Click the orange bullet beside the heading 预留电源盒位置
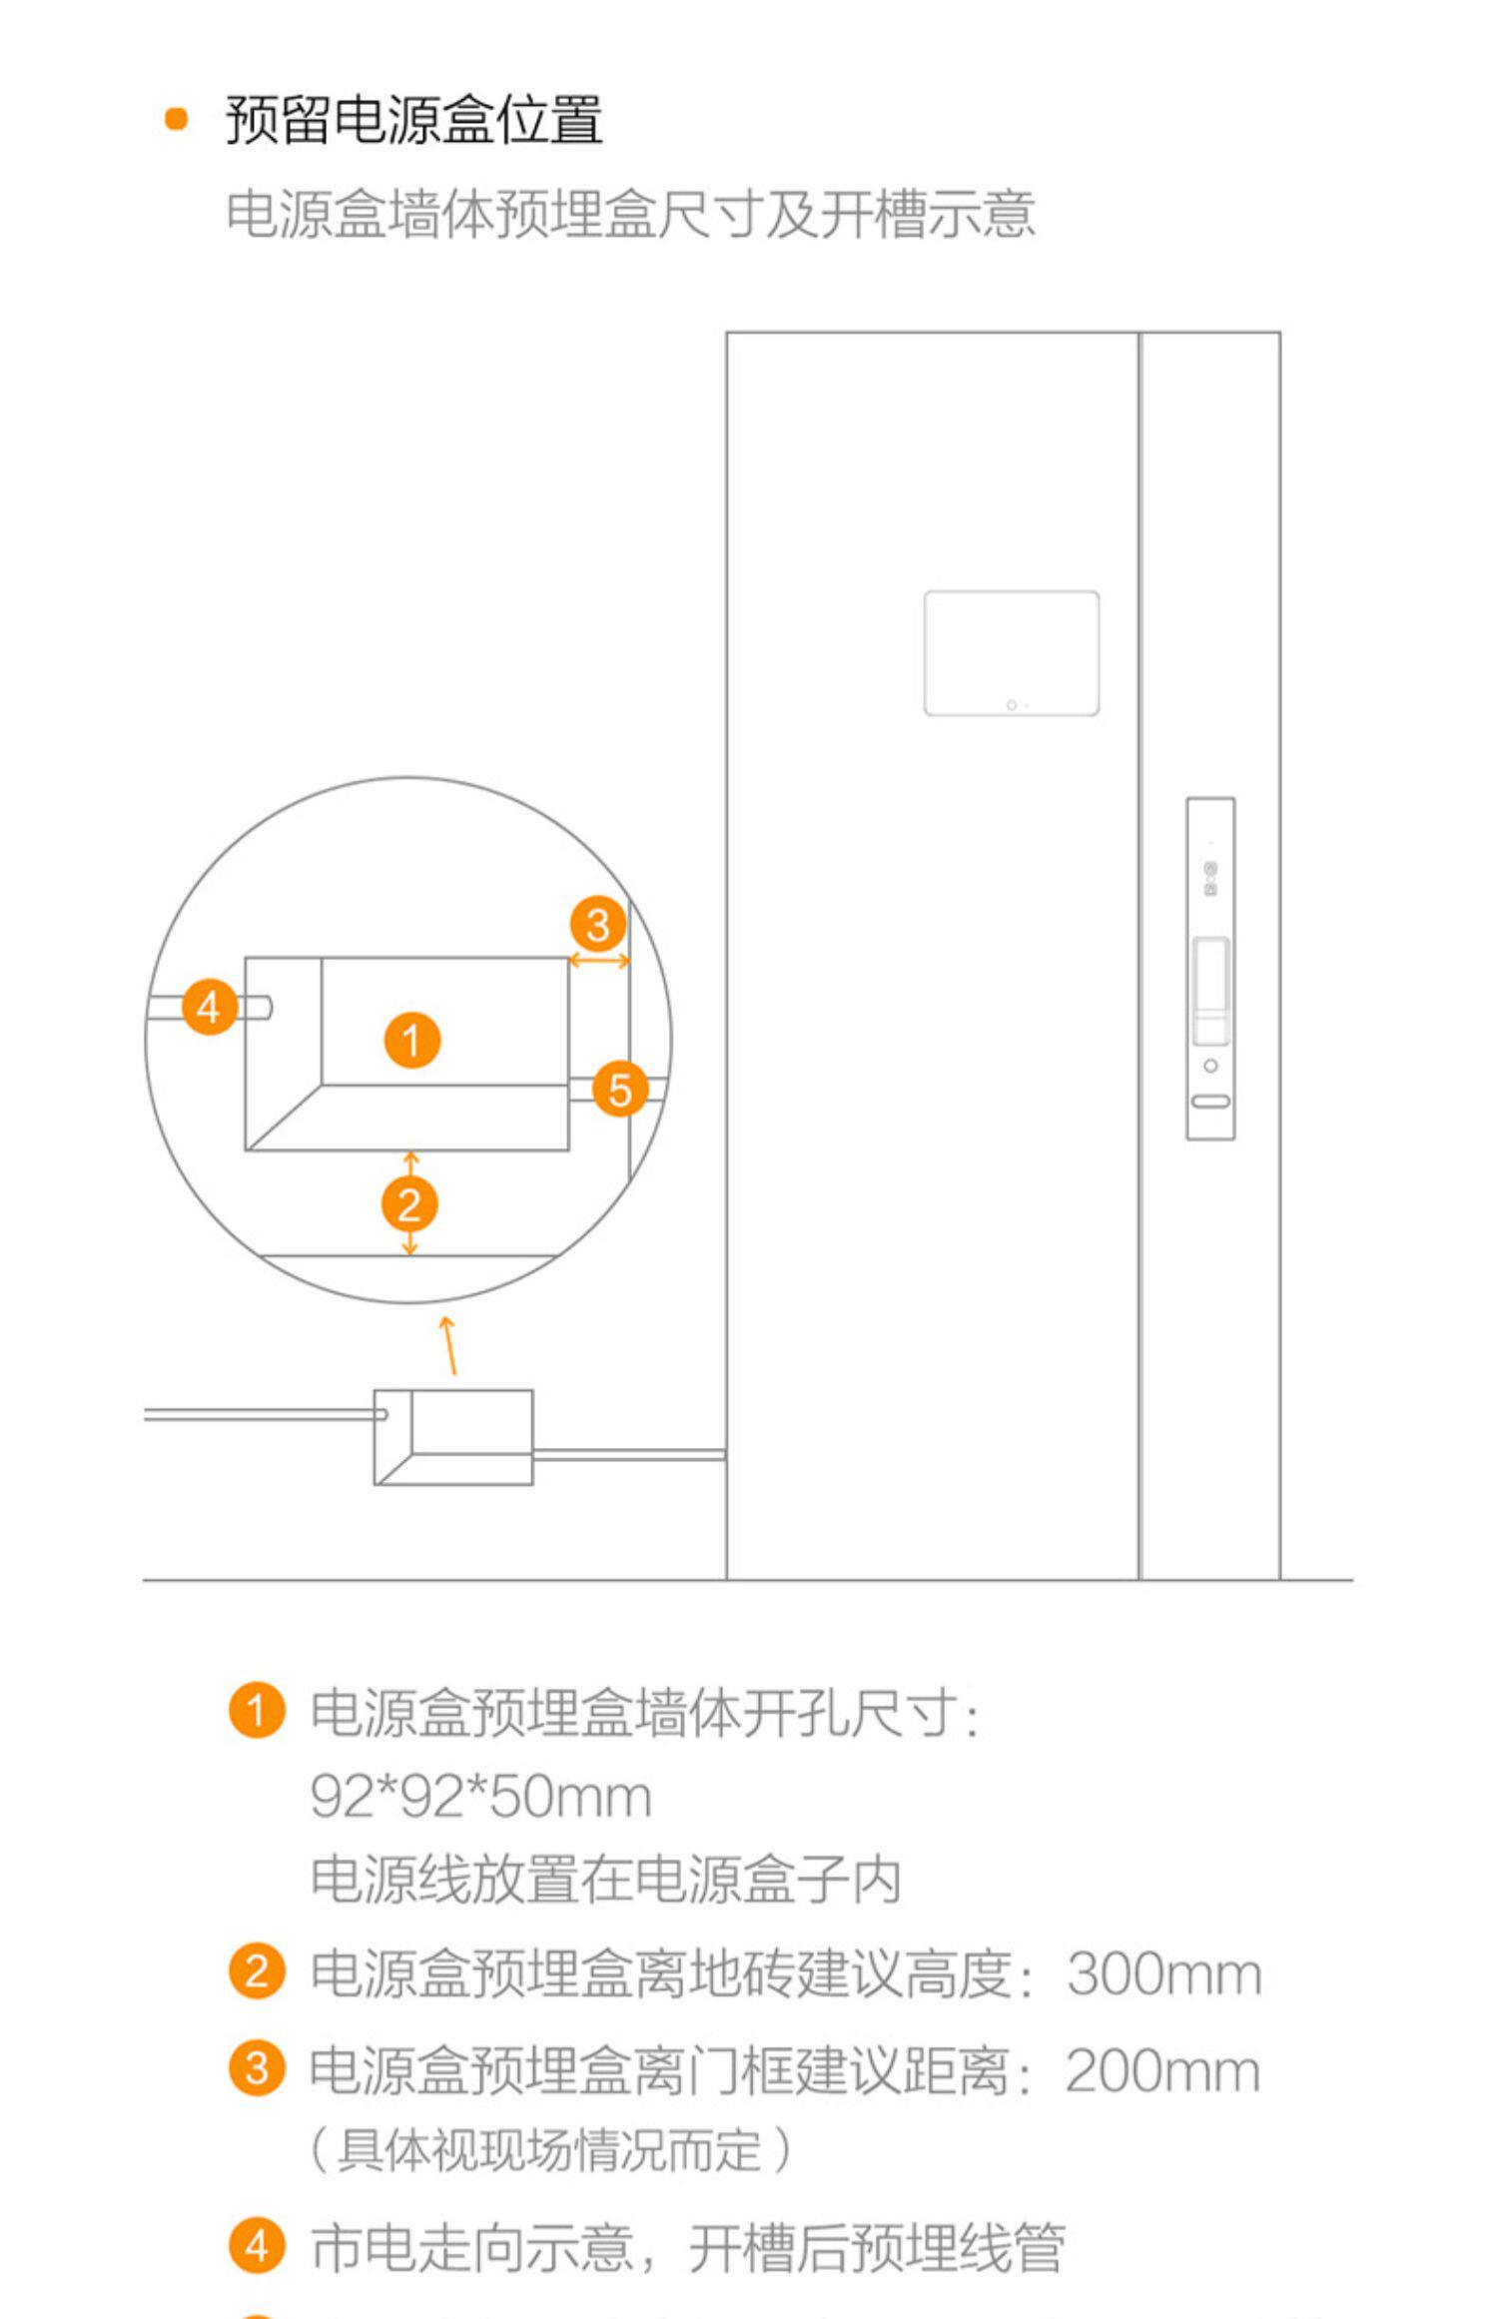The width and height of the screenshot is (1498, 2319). click(x=176, y=119)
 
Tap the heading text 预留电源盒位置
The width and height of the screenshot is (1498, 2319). click(x=414, y=120)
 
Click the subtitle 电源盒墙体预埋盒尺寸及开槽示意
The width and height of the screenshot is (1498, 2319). click(x=631, y=215)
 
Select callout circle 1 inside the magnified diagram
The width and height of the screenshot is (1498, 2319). click(x=412, y=1040)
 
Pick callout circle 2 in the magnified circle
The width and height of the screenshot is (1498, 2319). click(x=409, y=1204)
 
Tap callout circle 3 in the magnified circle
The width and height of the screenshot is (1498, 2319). click(x=598, y=925)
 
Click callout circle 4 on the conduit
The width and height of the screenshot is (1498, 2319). click(x=210, y=1007)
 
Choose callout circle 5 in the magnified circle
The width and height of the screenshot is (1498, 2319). click(x=620, y=1090)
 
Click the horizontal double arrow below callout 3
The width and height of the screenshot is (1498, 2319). click(x=599, y=961)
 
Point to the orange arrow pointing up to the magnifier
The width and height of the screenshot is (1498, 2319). click(x=449, y=1345)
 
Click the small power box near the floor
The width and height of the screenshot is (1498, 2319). click(x=453, y=1436)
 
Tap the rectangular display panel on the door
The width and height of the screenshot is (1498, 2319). click(x=1012, y=653)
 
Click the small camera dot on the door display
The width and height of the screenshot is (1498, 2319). click(x=1012, y=705)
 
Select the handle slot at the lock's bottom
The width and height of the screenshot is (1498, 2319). click(x=1210, y=1102)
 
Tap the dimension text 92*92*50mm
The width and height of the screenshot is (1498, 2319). click(x=481, y=1797)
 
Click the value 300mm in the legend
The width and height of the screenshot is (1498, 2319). click(x=1164, y=1974)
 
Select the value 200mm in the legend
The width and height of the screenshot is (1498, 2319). click(x=1163, y=2070)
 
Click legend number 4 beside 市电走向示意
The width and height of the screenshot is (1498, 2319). click(x=257, y=2246)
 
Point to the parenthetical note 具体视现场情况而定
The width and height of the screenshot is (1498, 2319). click(x=550, y=2150)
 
